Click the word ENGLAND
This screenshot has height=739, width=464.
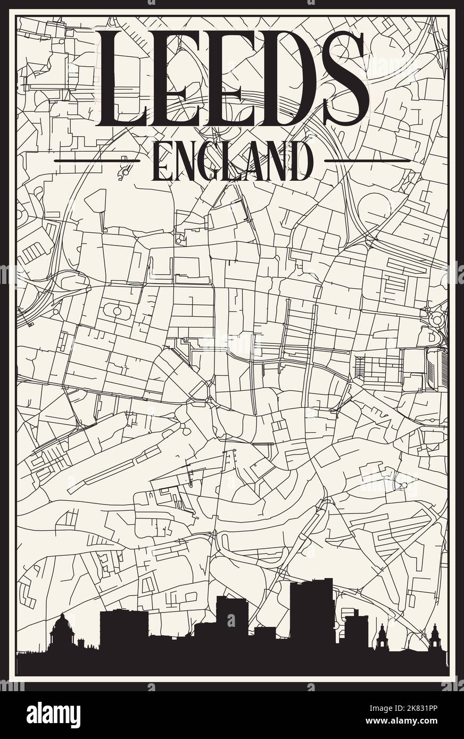point(232,161)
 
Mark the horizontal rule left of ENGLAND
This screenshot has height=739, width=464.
point(97,160)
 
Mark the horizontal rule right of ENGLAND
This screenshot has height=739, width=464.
point(367,160)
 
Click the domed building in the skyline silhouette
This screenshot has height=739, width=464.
point(62,633)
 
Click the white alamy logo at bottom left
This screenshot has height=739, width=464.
point(53,715)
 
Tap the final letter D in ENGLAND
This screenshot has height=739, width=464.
point(300,161)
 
